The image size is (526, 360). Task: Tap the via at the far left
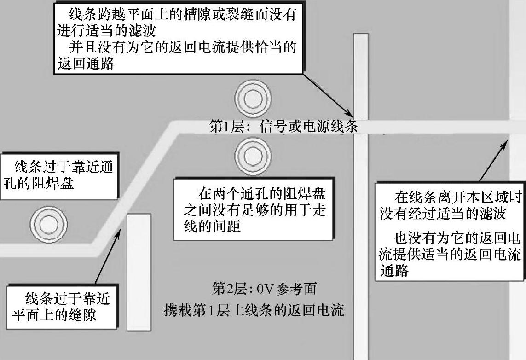coord(48,225)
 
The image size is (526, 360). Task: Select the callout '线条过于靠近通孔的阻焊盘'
coord(58,176)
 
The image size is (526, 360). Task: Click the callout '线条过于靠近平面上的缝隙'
coord(61,307)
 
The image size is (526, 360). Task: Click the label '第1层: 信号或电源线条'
coord(283,127)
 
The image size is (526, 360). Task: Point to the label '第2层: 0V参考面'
coord(264,289)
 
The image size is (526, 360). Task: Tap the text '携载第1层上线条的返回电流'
coord(254,310)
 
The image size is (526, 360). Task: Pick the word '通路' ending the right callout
coord(394,271)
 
